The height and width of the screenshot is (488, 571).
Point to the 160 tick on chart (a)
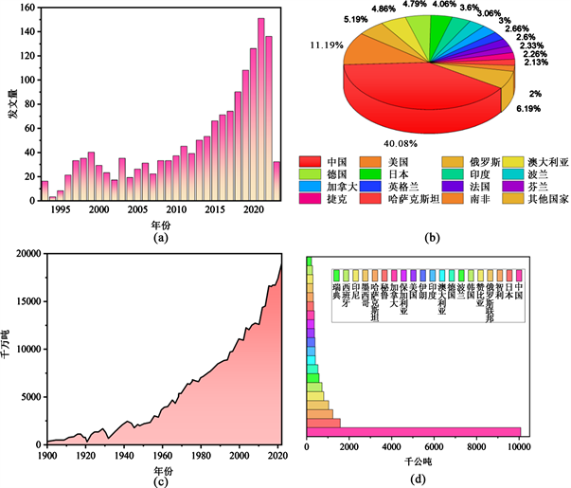pyautogui.click(x=27, y=8)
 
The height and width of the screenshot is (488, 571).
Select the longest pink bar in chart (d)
pyautogui.click(x=413, y=431)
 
